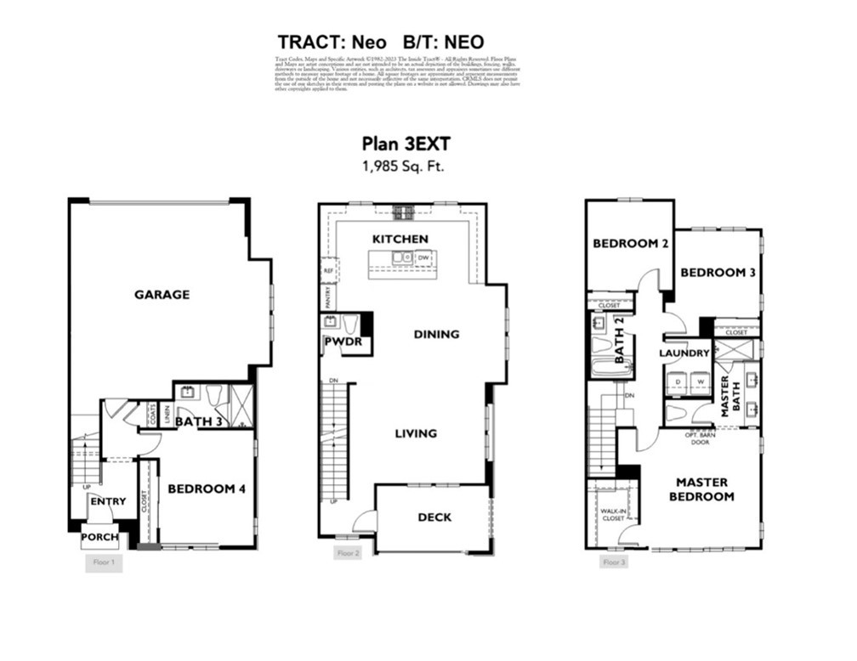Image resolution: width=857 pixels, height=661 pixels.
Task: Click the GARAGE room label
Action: [x=162, y=295]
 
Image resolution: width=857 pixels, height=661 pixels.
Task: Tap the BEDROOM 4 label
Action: [x=207, y=489]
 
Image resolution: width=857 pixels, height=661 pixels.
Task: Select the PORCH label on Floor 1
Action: [x=100, y=537]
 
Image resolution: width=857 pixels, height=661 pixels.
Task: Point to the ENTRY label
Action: [x=108, y=501]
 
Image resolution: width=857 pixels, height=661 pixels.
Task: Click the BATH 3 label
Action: [x=199, y=420]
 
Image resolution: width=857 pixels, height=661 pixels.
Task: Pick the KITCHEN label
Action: [x=400, y=239]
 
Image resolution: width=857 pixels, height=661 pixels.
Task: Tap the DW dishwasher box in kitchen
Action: [x=423, y=257]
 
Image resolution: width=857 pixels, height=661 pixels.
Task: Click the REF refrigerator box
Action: [x=327, y=270]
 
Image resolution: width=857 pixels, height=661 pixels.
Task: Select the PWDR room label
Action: [x=343, y=342]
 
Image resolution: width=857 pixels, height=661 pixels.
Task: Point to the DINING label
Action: [x=436, y=334]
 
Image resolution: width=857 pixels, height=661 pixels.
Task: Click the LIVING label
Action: [x=416, y=433]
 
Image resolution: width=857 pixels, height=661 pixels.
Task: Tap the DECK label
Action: [x=434, y=517]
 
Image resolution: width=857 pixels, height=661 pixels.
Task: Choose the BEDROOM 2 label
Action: [x=630, y=243]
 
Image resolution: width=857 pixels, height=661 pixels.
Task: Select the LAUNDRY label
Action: [x=684, y=353]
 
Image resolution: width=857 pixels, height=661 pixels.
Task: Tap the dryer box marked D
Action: [x=677, y=381]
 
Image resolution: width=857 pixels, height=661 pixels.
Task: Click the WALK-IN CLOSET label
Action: [x=613, y=513]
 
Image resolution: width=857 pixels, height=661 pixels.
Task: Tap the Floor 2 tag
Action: [x=349, y=553]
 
